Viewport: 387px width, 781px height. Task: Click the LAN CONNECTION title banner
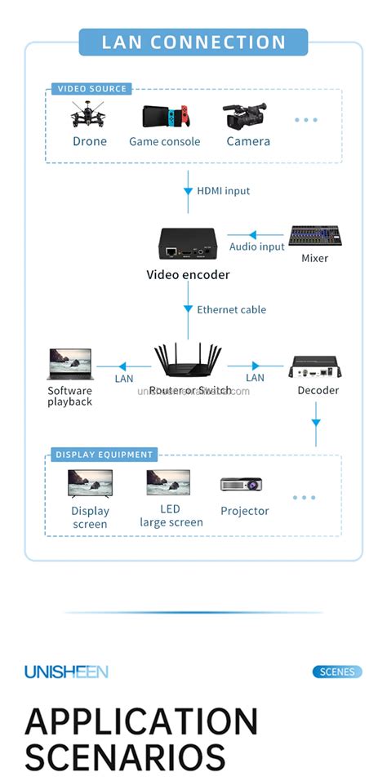[x=193, y=42]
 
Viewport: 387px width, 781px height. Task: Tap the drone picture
[x=89, y=116]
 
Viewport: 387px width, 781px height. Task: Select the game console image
[x=164, y=118]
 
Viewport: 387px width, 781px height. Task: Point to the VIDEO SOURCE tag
[x=91, y=89]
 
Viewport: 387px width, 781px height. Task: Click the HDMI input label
[x=223, y=191]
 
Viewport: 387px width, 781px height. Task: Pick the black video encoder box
[x=187, y=243]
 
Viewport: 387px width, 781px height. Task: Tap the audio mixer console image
[x=314, y=237]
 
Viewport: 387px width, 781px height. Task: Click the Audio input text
[x=257, y=246]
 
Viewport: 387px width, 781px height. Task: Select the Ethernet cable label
[x=231, y=310]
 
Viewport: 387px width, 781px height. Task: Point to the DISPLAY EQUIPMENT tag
[x=104, y=455]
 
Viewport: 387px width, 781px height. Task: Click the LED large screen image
[x=168, y=483]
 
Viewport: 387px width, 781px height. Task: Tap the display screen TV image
[x=90, y=485]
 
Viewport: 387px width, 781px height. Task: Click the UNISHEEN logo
[x=66, y=672]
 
